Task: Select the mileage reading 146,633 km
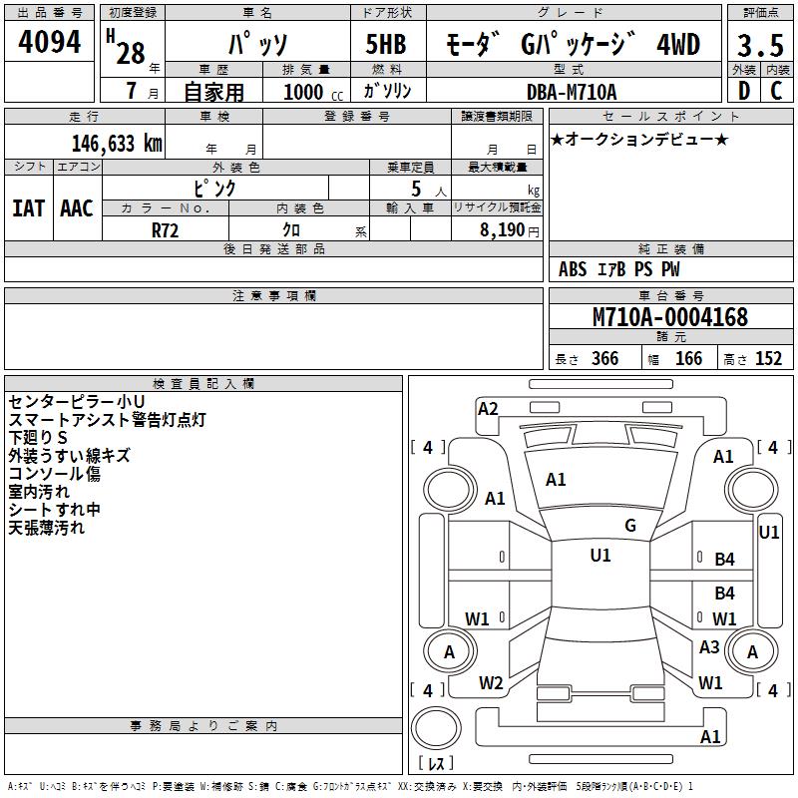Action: [117, 143]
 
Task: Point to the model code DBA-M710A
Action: [572, 92]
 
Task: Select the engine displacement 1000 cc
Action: [311, 92]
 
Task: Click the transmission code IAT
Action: [28, 208]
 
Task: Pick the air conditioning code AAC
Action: [77, 208]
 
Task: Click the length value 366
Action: [603, 359]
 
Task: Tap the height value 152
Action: [767, 359]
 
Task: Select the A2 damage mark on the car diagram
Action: [488, 408]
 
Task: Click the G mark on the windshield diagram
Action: [630, 526]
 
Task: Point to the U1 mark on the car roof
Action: [599, 556]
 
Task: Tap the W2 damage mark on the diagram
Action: [491, 683]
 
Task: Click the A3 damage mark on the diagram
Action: [709, 647]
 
